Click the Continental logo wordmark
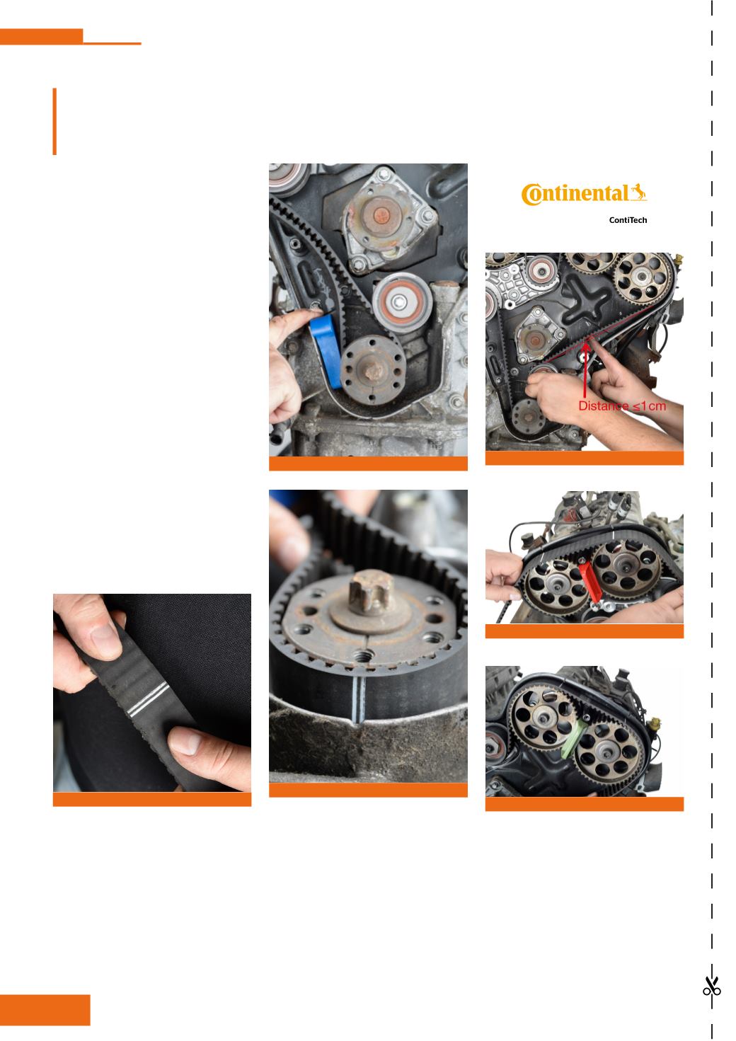tap(584, 194)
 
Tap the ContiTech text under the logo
tap(628, 220)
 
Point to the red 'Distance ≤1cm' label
tap(621, 406)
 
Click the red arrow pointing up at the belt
tap(585, 369)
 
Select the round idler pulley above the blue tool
tap(402, 302)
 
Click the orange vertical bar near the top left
tap(54, 121)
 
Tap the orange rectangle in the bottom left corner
tap(45, 1010)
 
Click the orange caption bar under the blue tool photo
tap(368, 464)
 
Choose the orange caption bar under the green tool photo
tap(584, 804)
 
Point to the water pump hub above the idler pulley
tap(381, 214)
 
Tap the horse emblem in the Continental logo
tap(638, 192)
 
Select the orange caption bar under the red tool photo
tap(584, 631)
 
